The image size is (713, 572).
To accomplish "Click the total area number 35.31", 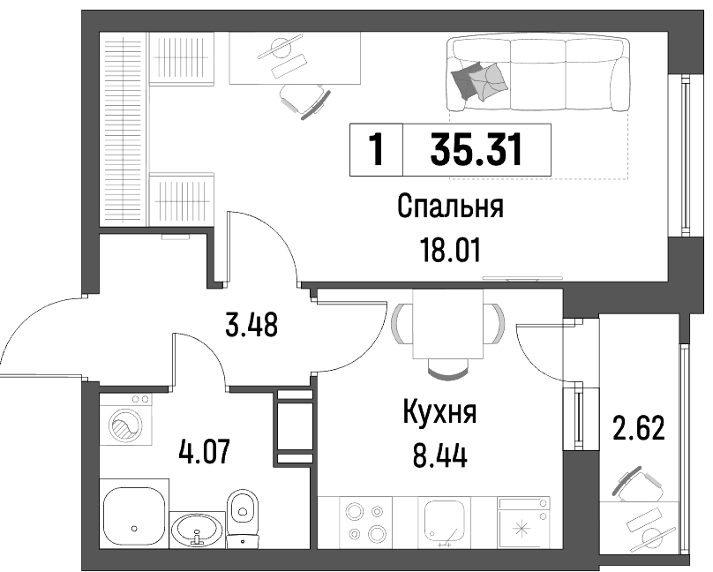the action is [477, 149].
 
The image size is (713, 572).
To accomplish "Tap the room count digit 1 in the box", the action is [376, 149].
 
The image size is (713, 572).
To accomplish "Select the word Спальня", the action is [450, 207].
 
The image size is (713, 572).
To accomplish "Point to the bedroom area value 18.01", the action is [450, 251].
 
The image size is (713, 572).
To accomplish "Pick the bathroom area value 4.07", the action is [204, 451].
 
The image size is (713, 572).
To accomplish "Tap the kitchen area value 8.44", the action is [439, 456].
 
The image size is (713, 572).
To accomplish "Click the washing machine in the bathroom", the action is [126, 419].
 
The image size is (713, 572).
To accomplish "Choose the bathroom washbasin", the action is [198, 531].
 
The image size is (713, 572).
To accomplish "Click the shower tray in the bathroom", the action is [134, 514].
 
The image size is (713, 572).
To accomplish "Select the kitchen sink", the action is [444, 523].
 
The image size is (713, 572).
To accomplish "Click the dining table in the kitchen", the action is [448, 324].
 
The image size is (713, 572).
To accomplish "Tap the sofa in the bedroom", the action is [538, 74].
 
